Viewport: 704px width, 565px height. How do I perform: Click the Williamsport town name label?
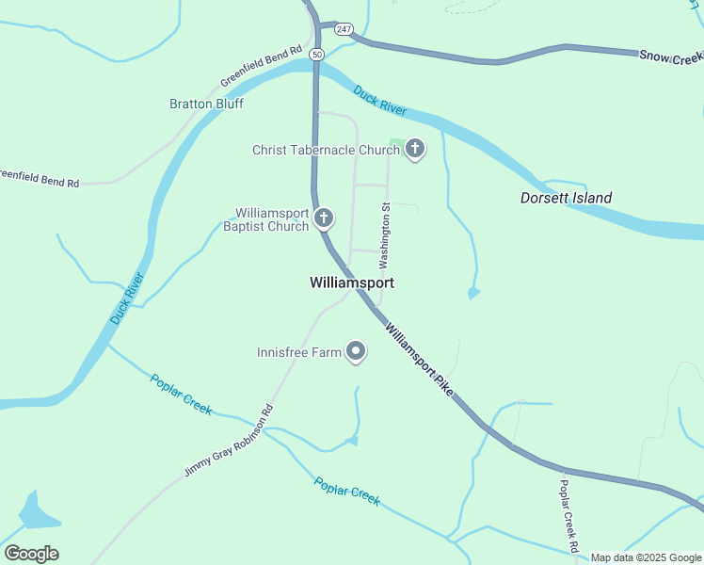(x=351, y=282)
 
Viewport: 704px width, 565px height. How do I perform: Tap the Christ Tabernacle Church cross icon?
(x=414, y=150)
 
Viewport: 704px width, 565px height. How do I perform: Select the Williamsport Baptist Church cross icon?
(x=323, y=219)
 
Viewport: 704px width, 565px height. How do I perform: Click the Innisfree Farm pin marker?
(x=356, y=352)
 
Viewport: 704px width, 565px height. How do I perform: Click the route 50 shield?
(x=315, y=54)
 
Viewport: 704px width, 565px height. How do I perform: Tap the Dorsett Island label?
(x=566, y=198)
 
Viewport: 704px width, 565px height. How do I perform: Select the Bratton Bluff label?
(x=206, y=104)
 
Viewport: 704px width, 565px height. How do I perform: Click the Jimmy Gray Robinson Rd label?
(x=228, y=441)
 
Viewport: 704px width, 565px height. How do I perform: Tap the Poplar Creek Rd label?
(x=568, y=515)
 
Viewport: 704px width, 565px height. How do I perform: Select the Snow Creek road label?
(x=671, y=57)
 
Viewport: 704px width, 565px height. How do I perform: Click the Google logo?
(x=31, y=554)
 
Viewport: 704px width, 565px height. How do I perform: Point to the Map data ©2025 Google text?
(x=646, y=557)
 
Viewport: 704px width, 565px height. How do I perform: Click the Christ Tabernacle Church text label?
(x=326, y=150)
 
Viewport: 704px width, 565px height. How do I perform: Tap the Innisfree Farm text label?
(x=298, y=353)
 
